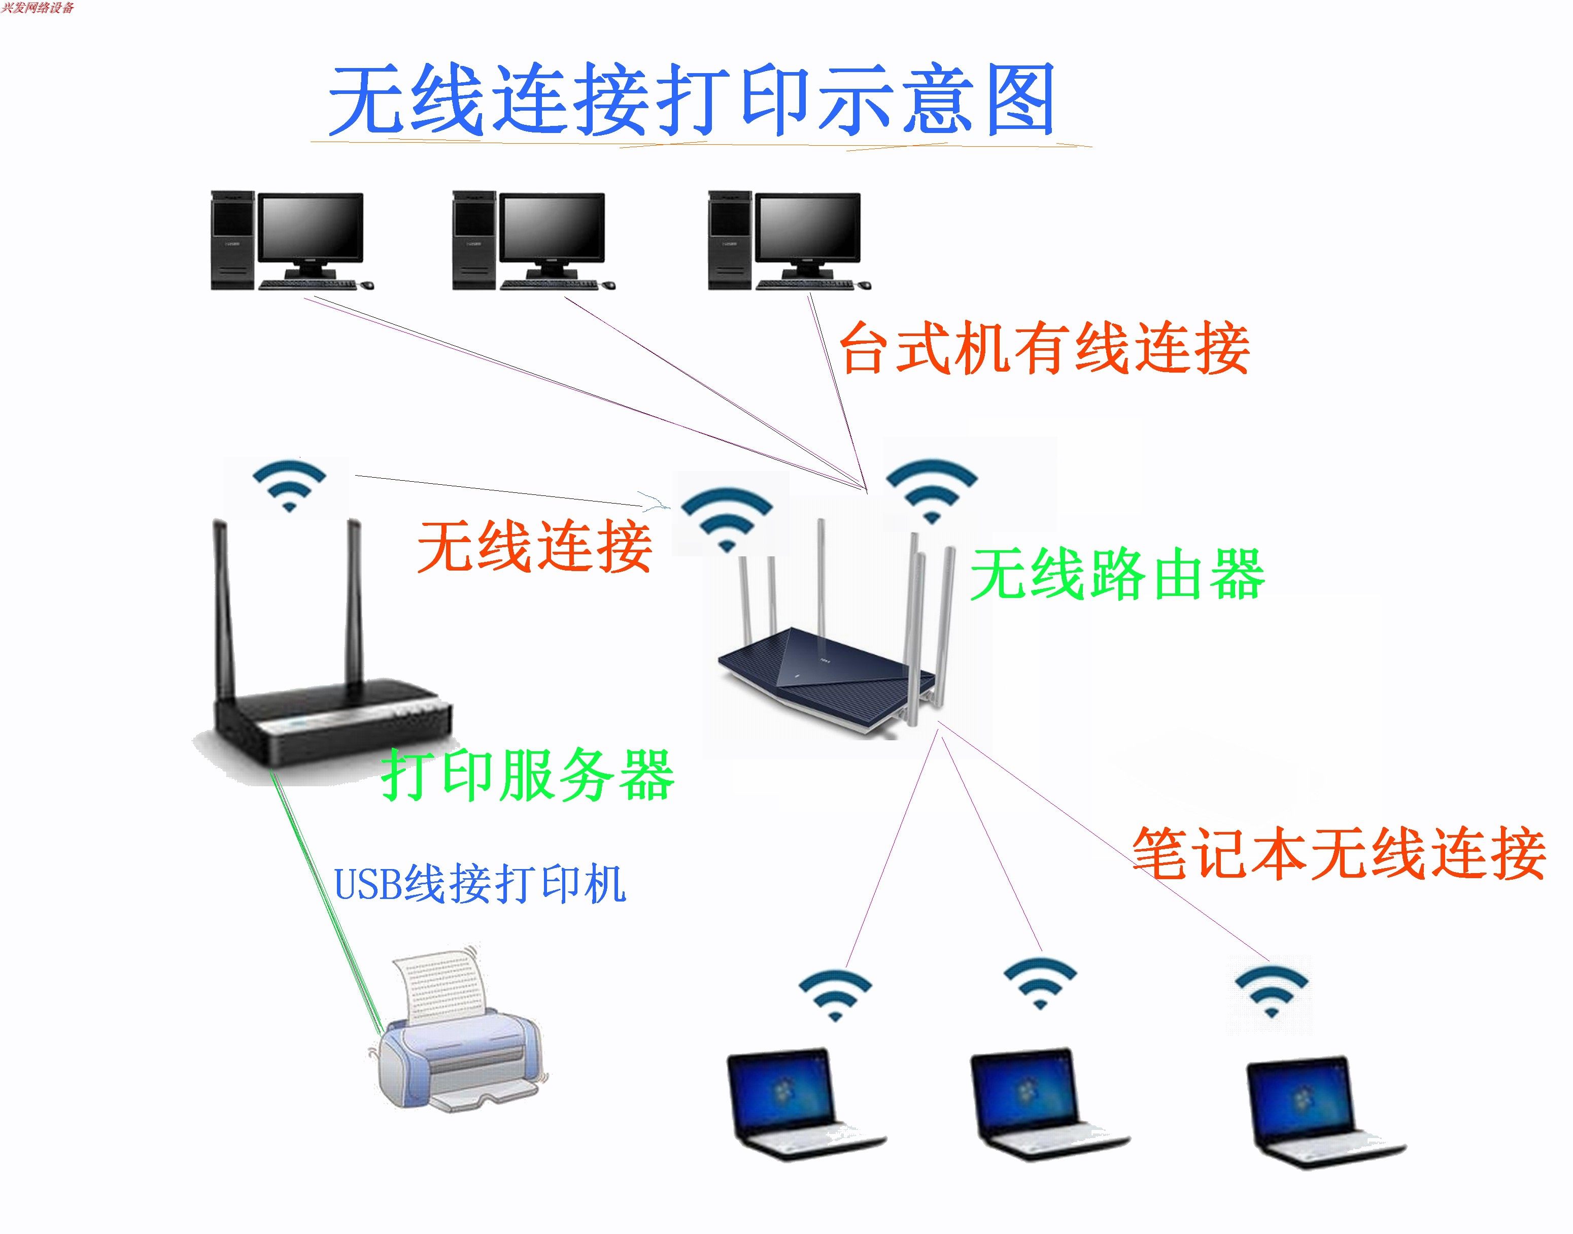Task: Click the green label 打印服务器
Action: pyautogui.click(x=528, y=775)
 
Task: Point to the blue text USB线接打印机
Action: pyautogui.click(x=480, y=884)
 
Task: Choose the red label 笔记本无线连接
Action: pyautogui.click(x=1338, y=854)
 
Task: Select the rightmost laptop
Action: pyautogui.click(x=1322, y=1113)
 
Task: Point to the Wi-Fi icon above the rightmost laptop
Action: pyautogui.click(x=1271, y=990)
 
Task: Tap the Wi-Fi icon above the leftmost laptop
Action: pyautogui.click(x=836, y=994)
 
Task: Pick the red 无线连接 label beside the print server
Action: pyautogui.click(x=534, y=547)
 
